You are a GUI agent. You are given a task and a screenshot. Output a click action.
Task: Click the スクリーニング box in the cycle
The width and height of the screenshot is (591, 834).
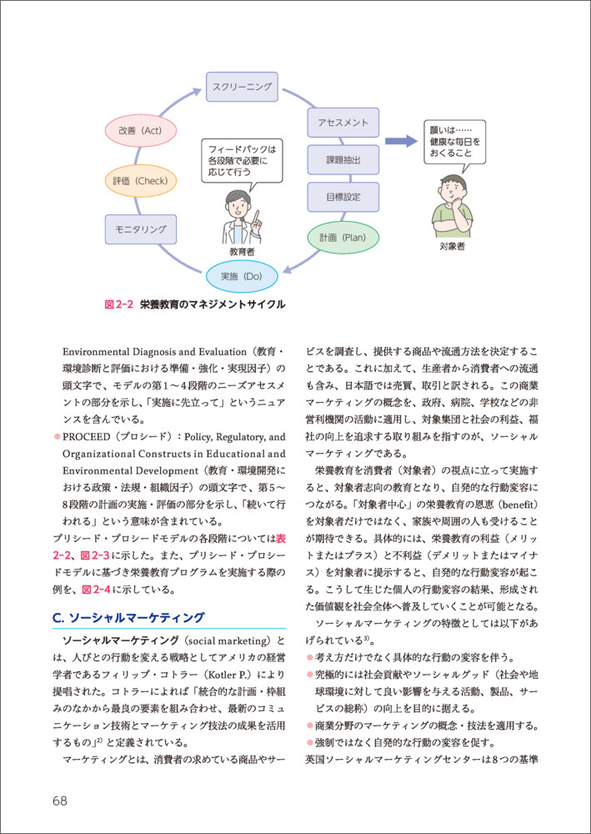(x=242, y=87)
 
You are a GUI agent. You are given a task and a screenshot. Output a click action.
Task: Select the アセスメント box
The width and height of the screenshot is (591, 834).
(x=343, y=123)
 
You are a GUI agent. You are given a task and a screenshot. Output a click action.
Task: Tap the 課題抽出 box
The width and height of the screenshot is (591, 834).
(x=343, y=160)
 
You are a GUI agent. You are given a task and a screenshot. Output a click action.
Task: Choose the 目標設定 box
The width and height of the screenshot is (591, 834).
(x=343, y=198)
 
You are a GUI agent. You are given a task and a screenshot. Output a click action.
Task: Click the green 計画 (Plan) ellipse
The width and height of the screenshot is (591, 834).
(x=343, y=238)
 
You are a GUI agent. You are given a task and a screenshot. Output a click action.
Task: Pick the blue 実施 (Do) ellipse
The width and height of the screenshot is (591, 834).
(x=241, y=274)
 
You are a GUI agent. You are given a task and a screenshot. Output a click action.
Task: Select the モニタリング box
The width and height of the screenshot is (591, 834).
(x=140, y=229)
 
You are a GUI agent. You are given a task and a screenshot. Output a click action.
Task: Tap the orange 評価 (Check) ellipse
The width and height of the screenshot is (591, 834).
(x=140, y=181)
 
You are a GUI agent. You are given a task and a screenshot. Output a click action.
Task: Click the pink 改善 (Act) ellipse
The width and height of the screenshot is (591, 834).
(x=140, y=131)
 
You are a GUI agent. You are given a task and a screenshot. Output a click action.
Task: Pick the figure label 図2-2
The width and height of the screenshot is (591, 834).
(x=118, y=304)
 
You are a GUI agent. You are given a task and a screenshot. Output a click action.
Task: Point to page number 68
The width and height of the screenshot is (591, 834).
(x=59, y=801)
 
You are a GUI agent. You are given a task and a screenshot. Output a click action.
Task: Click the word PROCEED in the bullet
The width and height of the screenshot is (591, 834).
(x=91, y=436)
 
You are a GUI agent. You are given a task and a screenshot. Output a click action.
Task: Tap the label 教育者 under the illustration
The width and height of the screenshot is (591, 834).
(x=242, y=250)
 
